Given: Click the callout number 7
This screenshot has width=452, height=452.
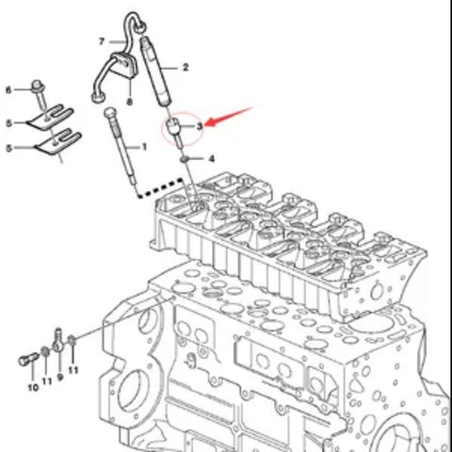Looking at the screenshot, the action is pos(102,41).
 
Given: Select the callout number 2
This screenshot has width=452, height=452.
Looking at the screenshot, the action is pos(186,67).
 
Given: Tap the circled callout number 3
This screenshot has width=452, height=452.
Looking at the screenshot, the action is pos(200,126).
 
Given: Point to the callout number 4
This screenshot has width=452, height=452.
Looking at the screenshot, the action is pos(212,159).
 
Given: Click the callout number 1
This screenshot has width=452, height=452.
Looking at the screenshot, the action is pos(144,147).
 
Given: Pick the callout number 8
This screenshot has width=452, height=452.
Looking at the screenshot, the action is pos(129,102).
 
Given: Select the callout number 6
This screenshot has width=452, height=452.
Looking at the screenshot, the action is pos(8,90).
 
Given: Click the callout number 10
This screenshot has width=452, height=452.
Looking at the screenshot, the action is pos(33,387).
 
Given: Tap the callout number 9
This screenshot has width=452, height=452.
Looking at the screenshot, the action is pos(60,378).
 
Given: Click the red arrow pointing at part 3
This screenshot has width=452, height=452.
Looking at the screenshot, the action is pos(229,117).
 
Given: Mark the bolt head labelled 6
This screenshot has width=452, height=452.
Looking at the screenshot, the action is pos(38,86).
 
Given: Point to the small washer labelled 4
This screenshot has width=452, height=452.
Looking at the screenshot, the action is pos(185,159).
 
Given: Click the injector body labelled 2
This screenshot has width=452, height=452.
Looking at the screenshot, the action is pos(155,72).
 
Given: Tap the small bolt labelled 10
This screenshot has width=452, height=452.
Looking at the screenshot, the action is pos(28,359).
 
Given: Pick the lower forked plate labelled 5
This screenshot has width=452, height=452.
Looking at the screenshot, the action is pos(58,142).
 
